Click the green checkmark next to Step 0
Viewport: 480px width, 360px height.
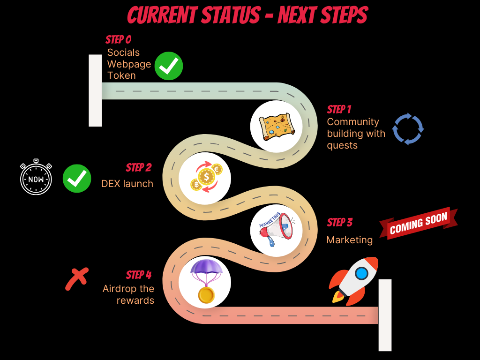pos(169,66)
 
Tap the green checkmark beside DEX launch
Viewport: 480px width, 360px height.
pos(77,178)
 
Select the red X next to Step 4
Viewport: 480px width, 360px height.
pos(76,279)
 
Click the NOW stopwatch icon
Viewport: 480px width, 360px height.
pos(36,178)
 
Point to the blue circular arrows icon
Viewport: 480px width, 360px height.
pos(408,128)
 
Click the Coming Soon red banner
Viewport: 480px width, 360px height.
pos(418,223)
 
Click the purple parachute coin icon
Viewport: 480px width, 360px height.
pos(205,282)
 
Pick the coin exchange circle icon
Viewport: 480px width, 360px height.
pos(205,178)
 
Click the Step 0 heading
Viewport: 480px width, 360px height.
pos(118,39)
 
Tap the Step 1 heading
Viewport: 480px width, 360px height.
pos(339,109)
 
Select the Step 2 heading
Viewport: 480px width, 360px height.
pos(138,167)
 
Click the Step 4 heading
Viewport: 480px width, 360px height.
pos(138,275)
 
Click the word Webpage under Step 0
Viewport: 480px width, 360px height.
pos(129,64)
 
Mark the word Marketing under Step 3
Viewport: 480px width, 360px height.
pos(349,240)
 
